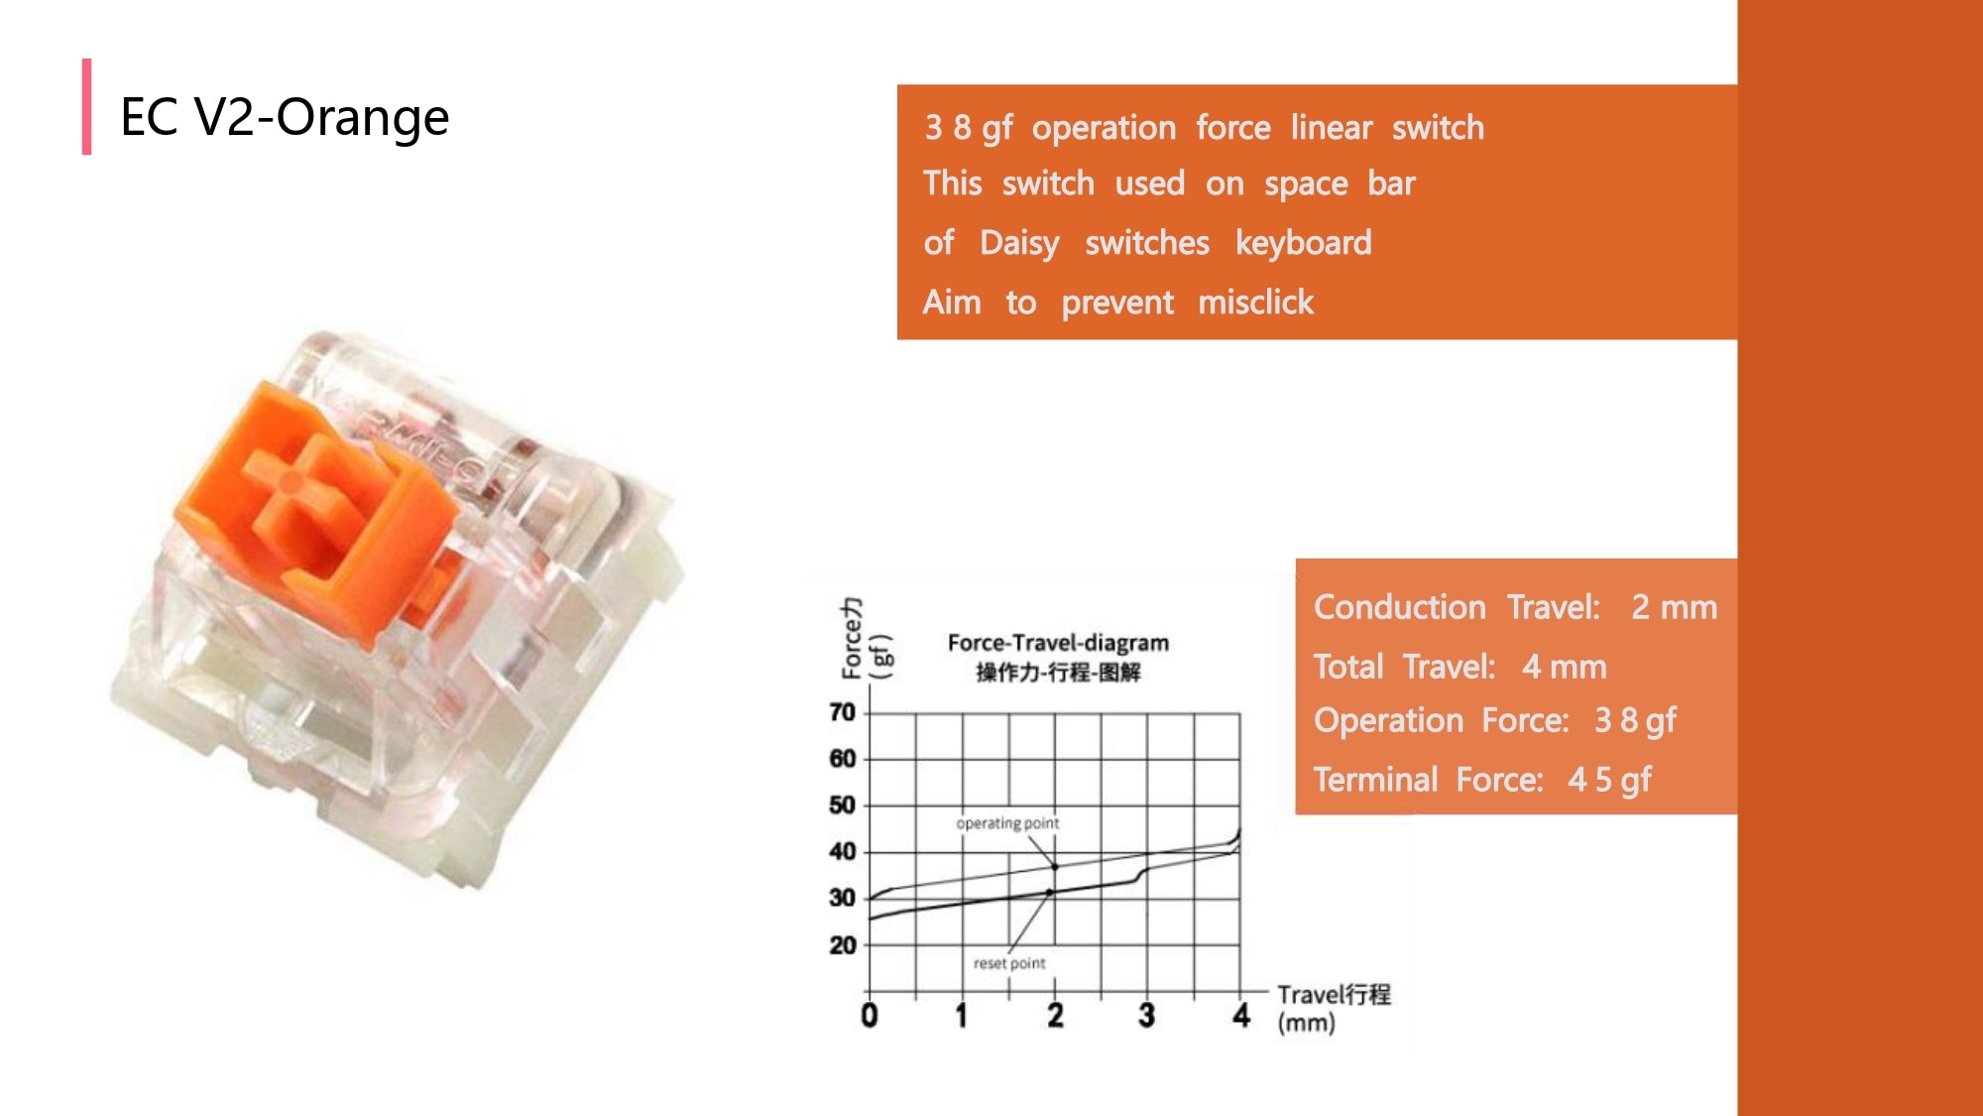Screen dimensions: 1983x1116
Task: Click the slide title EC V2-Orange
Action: [285, 117]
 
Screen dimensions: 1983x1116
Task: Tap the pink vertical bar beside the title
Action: [87, 106]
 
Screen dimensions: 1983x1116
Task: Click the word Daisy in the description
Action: [1019, 243]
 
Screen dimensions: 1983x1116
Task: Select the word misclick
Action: [1256, 302]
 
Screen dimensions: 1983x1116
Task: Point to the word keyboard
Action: [1304, 242]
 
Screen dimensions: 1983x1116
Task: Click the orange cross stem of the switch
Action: [292, 481]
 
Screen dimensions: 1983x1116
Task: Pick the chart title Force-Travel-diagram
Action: [1058, 643]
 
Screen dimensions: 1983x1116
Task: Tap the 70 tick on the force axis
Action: [842, 712]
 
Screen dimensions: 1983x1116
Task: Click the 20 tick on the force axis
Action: [842, 945]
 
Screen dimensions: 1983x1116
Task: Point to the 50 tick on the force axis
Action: [842, 805]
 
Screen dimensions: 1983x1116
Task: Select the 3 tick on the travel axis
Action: [1146, 1015]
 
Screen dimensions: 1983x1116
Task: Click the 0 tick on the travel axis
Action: [869, 1015]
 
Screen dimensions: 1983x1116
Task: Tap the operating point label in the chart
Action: [1007, 823]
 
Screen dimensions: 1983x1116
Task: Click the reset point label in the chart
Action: [1009, 963]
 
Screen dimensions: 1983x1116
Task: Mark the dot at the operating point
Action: [1055, 867]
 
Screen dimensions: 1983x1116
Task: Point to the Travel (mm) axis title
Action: [1334, 1008]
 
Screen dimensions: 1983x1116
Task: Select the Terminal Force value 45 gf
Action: [1609, 780]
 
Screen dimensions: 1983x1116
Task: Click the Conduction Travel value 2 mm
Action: [1675, 607]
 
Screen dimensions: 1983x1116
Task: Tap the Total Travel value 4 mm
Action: [1565, 667]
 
